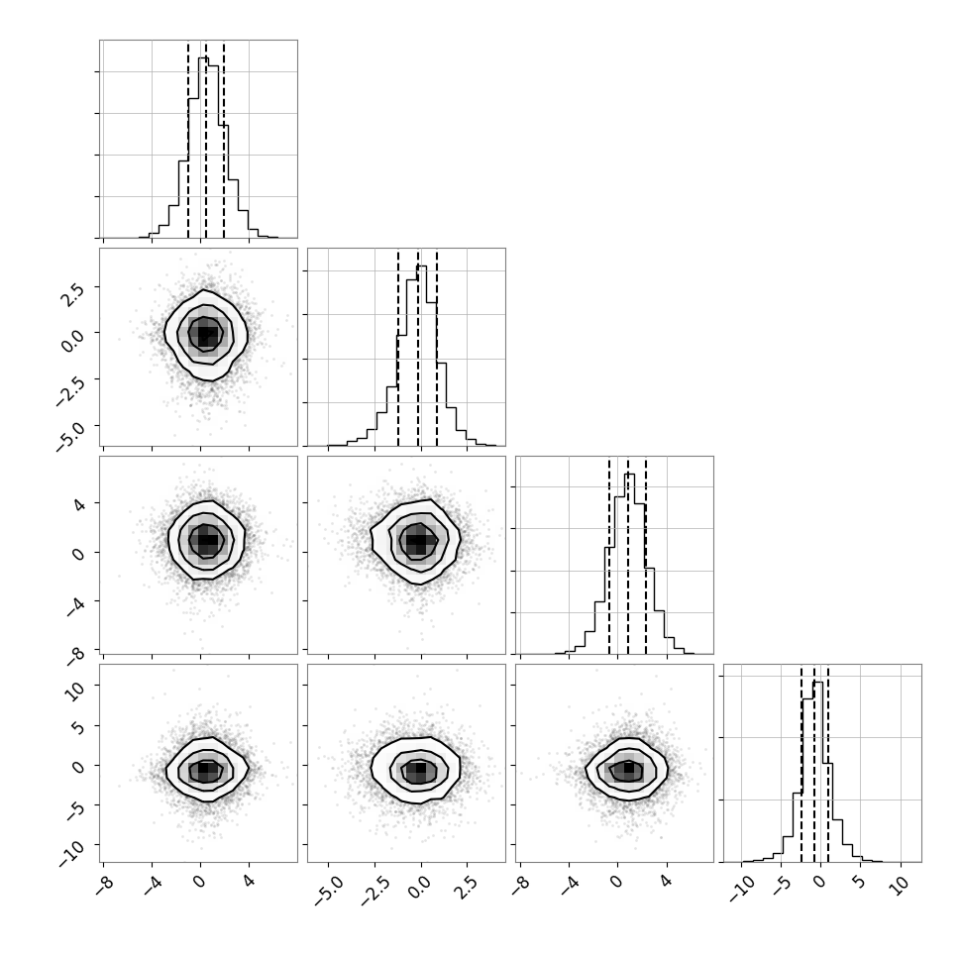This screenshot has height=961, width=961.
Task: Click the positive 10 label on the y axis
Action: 75,691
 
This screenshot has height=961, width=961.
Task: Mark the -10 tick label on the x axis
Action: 741,890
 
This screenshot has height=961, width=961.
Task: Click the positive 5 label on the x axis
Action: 859,883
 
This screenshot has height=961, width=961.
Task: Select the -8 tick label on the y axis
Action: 75,655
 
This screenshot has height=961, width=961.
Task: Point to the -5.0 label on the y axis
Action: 69,436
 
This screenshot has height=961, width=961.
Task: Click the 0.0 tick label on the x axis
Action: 418,888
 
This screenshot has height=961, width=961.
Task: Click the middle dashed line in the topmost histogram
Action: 206,140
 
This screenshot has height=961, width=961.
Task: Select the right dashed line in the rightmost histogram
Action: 828,764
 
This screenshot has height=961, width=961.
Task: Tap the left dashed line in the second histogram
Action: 398,348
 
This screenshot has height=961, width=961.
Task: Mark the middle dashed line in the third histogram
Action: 627,556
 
